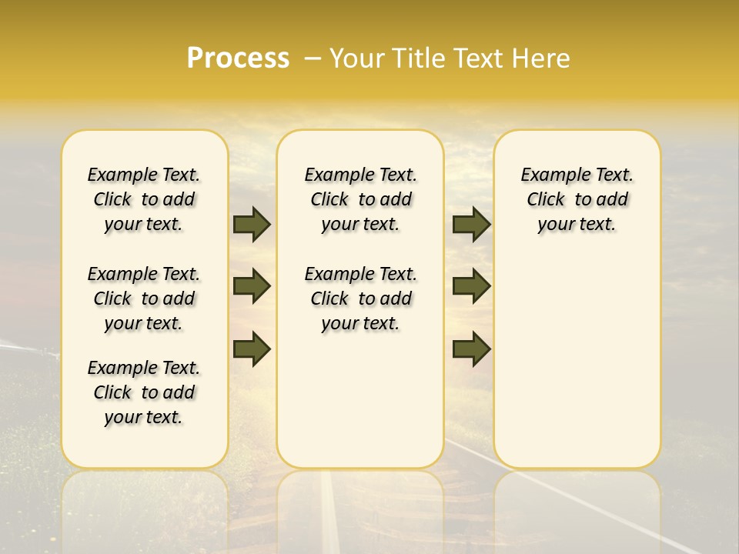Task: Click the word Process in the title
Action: coord(237,58)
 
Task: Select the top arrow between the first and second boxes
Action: coord(252,224)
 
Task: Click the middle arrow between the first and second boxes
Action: coord(252,286)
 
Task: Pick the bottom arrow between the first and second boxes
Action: coord(252,349)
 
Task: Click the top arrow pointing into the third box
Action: coord(471,224)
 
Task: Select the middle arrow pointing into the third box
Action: coord(471,286)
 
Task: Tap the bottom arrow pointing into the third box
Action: coord(471,349)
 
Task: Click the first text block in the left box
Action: coord(144,199)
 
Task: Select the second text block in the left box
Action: coord(144,299)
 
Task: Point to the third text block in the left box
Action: coord(144,392)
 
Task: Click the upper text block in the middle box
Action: coord(360,199)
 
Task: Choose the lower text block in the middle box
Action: coord(360,299)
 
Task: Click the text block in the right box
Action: coord(577,199)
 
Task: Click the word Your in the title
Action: coord(357,58)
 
